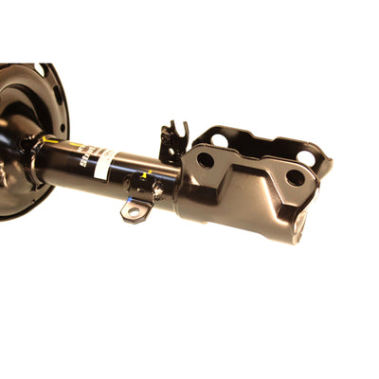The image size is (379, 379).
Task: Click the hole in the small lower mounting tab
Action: [135, 210]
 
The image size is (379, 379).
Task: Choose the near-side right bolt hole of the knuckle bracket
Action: [295, 177]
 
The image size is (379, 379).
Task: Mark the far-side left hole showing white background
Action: [220, 140]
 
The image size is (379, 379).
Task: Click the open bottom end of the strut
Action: [300, 224]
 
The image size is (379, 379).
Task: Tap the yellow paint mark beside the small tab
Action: [144, 176]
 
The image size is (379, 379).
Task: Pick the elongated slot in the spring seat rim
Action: [59, 95]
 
